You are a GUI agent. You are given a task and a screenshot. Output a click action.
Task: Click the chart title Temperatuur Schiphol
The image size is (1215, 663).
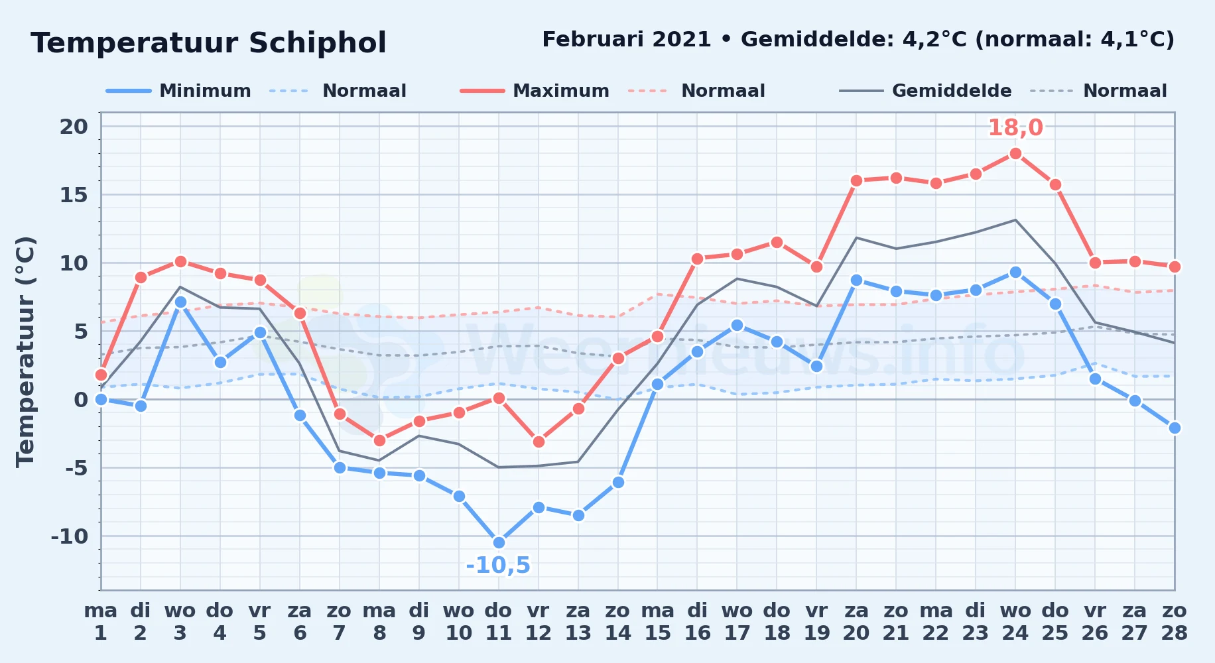click(208, 43)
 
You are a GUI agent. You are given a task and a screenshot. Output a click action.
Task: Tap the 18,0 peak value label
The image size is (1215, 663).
click(1015, 127)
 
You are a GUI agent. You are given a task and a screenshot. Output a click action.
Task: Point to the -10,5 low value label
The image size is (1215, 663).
click(498, 566)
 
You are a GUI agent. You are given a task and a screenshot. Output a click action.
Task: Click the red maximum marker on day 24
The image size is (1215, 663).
click(1015, 154)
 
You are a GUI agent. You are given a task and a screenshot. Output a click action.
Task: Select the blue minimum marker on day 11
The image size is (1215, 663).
click(499, 542)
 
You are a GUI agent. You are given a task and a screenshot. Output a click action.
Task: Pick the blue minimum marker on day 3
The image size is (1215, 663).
click(180, 302)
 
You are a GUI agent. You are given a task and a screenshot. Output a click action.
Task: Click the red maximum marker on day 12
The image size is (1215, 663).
click(539, 442)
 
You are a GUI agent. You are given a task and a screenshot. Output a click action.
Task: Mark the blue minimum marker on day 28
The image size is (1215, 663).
click(1175, 428)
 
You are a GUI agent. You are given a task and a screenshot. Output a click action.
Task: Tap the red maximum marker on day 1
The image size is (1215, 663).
click(101, 375)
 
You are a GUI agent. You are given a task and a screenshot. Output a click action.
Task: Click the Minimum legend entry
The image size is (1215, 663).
click(178, 91)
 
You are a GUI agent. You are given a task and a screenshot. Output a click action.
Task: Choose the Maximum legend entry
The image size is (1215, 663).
click(535, 91)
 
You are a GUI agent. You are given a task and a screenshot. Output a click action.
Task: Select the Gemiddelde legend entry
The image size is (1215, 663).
click(926, 91)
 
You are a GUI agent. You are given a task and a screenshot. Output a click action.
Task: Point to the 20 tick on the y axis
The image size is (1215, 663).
click(74, 127)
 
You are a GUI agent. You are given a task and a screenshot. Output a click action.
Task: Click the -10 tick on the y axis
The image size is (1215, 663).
click(70, 536)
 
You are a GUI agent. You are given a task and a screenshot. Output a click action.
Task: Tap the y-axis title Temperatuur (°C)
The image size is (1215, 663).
click(26, 352)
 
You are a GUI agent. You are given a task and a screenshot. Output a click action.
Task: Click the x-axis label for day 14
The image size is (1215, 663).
click(618, 622)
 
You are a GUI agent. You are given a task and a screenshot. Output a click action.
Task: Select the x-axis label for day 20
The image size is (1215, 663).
click(856, 622)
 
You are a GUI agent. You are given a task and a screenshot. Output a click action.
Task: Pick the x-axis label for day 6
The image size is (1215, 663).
click(300, 622)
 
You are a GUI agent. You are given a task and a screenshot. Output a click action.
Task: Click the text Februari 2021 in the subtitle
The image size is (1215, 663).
click(627, 40)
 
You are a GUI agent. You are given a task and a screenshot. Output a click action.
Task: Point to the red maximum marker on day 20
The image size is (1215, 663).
click(856, 180)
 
